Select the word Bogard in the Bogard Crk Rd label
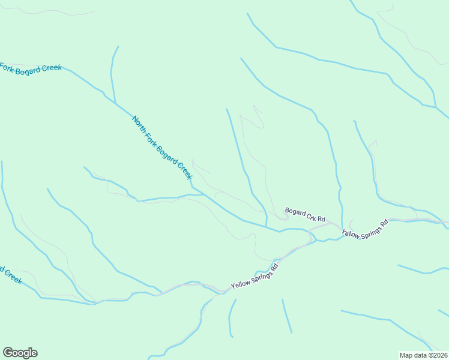[295, 211]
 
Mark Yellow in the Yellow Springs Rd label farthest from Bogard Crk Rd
[240, 283]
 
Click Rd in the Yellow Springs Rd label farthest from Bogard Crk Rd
[275, 266]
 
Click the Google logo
[20, 353]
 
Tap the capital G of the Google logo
[8, 352]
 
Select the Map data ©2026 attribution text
[424, 355]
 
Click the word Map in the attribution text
[406, 355]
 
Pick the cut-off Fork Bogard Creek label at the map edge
[30, 69]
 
